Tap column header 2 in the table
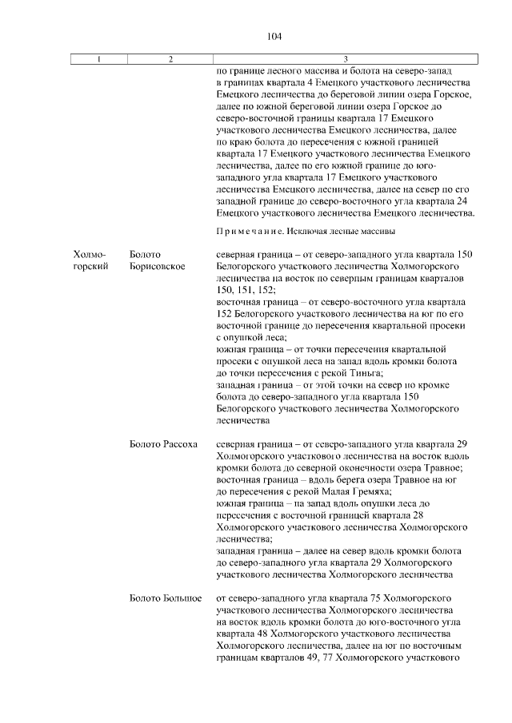point(170,59)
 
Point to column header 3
point(346,59)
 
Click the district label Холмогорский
point(90,260)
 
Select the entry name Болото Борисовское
point(157,260)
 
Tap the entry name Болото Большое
point(165,598)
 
